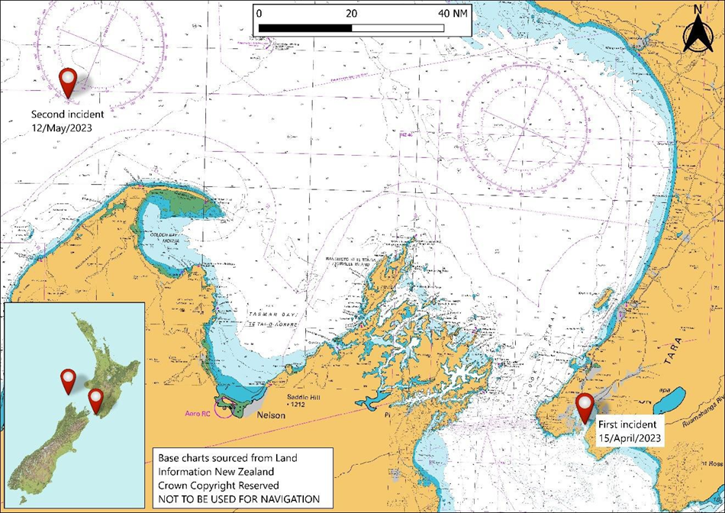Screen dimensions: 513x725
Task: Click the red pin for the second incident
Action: click(69, 82)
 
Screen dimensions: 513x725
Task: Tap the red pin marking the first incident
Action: click(585, 406)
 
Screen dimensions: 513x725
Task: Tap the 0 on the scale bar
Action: click(259, 14)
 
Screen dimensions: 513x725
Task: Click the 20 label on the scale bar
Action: click(351, 14)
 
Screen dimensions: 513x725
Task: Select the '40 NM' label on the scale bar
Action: click(455, 14)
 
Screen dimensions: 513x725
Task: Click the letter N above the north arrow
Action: click(697, 10)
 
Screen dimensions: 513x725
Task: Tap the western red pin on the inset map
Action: click(68, 379)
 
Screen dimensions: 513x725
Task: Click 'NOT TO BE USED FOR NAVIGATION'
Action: click(240, 498)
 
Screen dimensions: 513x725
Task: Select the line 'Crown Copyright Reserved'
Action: click(218, 485)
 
